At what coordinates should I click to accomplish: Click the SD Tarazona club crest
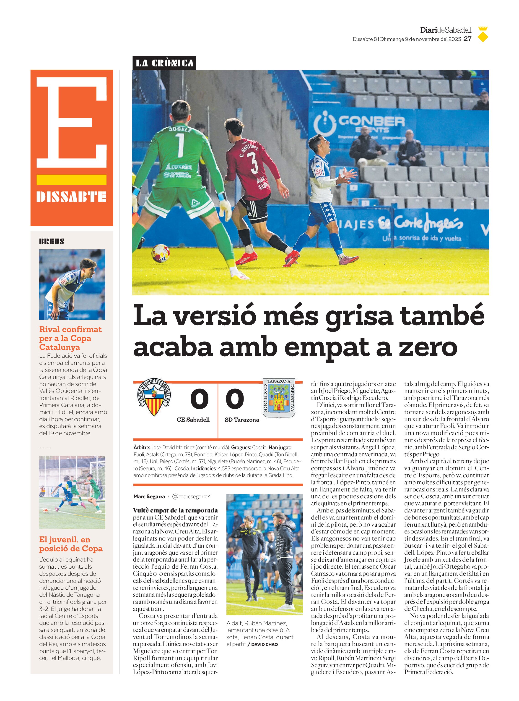(x=279, y=398)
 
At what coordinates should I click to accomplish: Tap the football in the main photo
(x=161, y=253)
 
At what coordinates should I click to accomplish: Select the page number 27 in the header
(x=468, y=39)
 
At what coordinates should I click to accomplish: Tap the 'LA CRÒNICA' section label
(x=164, y=63)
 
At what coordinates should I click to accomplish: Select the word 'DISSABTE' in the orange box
(x=71, y=197)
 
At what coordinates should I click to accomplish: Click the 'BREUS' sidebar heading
(x=52, y=242)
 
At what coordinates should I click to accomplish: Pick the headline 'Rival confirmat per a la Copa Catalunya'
(x=70, y=338)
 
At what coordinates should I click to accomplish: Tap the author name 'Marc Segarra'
(x=149, y=496)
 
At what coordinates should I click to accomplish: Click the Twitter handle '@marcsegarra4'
(x=191, y=496)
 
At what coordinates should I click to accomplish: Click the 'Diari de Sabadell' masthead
(x=446, y=30)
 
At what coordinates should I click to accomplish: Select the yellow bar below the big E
(x=71, y=180)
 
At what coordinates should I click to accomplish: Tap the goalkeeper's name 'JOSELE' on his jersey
(x=180, y=129)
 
